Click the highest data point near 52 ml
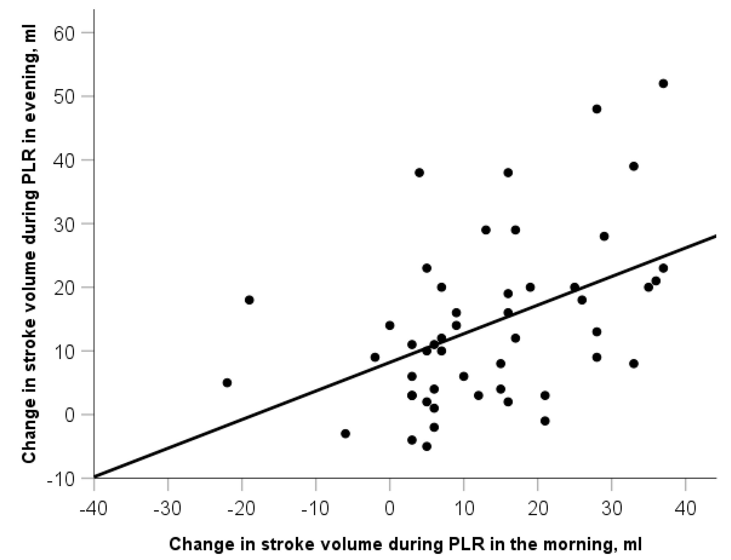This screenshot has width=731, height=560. (663, 83)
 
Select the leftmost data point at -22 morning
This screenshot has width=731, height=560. (227, 383)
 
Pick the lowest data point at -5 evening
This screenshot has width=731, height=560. (427, 446)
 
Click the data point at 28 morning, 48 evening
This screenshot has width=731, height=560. (597, 109)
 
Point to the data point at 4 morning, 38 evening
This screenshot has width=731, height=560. (419, 173)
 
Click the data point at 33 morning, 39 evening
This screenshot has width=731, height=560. (634, 166)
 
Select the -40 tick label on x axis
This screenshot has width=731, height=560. (93, 509)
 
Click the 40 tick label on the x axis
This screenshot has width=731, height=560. (685, 509)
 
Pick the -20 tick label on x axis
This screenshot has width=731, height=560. (241, 509)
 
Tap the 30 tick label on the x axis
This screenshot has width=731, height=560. (611, 509)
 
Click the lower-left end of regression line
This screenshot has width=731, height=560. (95, 477)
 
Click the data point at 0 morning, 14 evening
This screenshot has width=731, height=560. (390, 325)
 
